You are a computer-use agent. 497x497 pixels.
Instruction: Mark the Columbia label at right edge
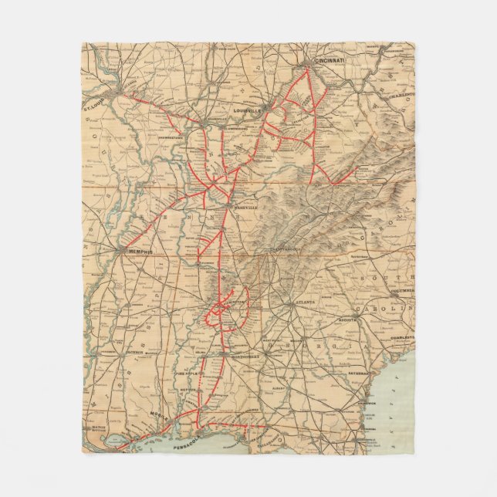click(401, 290)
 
